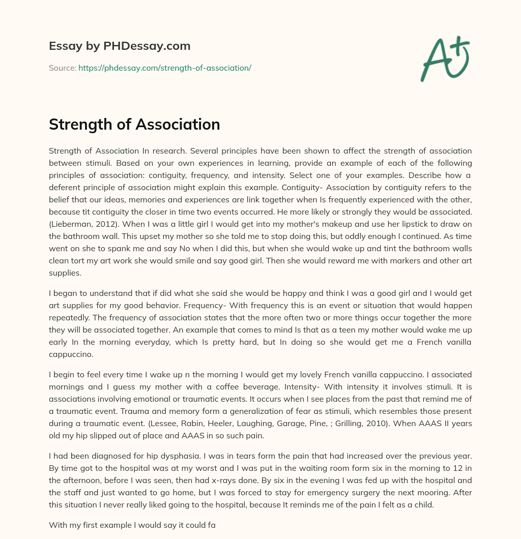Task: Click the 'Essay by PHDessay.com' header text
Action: [120, 46]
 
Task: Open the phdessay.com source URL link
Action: [165, 68]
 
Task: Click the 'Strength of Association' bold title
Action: [134, 125]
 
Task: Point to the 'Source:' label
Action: [62, 68]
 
